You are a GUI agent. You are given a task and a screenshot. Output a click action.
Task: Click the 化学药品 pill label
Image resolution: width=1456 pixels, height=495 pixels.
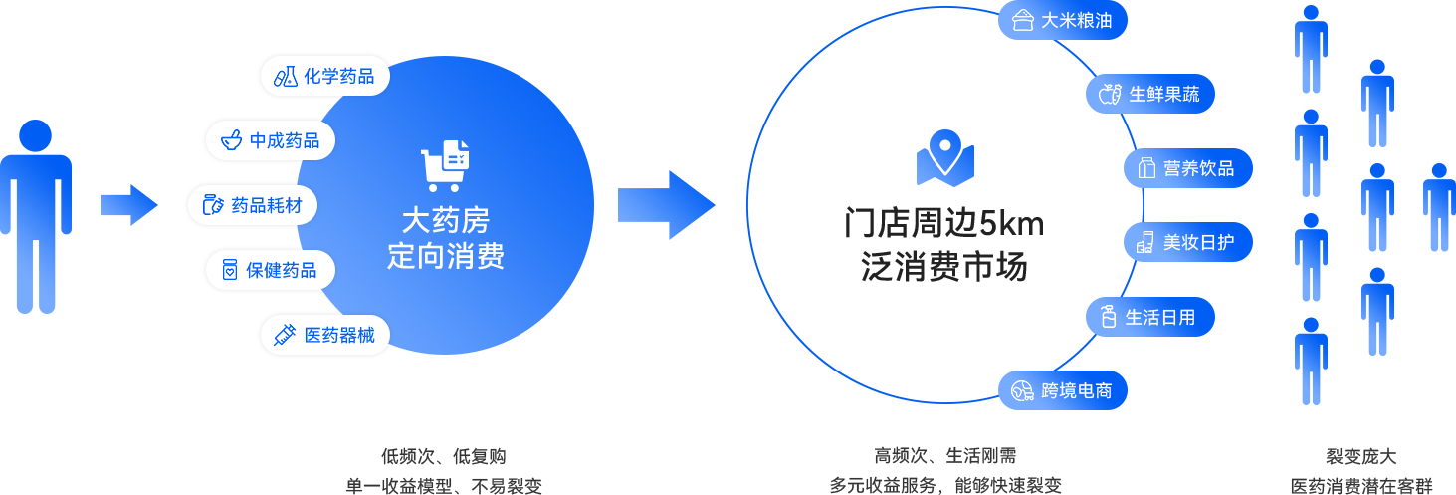click(324, 77)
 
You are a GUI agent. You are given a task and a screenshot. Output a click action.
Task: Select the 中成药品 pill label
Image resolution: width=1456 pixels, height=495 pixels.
click(270, 141)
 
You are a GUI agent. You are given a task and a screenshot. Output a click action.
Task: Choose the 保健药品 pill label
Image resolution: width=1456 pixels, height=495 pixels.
click(270, 270)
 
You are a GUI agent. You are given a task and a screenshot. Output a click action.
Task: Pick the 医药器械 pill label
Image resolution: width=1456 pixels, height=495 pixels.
click(324, 335)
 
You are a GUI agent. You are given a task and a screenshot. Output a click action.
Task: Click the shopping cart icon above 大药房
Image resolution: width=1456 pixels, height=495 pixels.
click(445, 165)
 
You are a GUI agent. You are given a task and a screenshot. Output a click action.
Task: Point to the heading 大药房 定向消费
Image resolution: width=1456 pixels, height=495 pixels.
click(445, 238)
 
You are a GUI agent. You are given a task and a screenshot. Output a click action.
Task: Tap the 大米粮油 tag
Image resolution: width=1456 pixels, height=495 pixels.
click(1062, 21)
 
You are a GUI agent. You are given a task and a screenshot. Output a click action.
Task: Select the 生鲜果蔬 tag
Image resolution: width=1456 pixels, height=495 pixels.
click(1149, 95)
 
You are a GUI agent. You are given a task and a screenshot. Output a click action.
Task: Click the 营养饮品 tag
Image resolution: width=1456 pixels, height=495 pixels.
click(1187, 168)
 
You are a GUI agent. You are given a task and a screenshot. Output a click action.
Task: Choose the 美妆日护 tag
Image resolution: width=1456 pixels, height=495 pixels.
click(1187, 242)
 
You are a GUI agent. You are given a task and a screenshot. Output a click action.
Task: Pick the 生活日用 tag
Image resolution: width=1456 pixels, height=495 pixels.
click(1149, 317)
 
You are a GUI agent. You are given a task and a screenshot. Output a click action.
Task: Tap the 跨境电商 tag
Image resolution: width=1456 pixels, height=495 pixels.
click(1062, 390)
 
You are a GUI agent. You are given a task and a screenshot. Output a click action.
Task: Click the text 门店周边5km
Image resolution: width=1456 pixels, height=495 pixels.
click(943, 223)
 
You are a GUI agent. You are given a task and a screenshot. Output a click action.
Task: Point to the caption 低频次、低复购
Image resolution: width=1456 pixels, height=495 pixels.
click(444, 457)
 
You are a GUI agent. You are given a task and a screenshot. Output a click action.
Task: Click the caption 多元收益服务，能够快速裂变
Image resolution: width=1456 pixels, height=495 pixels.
click(945, 486)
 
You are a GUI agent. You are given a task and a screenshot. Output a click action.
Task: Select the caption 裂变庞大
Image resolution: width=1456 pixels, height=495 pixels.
click(1360, 457)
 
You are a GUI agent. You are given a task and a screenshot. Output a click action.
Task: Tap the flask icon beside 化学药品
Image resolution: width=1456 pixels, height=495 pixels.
click(286, 77)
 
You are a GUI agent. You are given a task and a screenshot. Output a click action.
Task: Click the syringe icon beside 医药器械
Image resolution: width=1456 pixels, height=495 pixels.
click(285, 335)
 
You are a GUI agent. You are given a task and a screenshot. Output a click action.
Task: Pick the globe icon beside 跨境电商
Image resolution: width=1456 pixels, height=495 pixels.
click(1022, 390)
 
